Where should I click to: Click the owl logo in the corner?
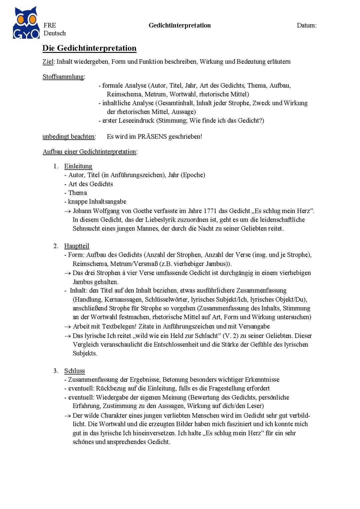[26, 23]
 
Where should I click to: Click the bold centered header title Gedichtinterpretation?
[180, 25]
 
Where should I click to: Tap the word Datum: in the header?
[307, 25]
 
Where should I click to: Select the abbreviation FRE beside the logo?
[50, 25]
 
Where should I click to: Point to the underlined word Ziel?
[48, 62]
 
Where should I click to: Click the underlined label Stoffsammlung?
[63, 77]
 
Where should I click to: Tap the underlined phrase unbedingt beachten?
[69, 137]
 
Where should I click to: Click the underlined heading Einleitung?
[78, 166]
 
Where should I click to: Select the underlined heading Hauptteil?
[77, 246]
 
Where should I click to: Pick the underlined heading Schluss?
[74, 371]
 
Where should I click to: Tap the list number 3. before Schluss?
[56, 371]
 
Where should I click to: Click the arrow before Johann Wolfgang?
[68, 211]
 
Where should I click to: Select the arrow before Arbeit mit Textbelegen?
[68, 327]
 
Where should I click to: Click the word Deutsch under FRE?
[55, 33]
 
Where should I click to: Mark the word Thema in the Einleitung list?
[78, 193]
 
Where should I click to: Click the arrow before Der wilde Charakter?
[68, 416]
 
